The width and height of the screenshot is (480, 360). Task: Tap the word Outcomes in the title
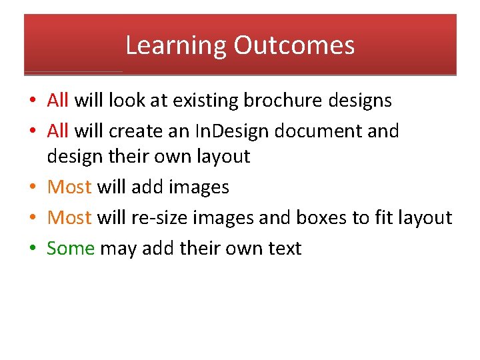tap(294, 46)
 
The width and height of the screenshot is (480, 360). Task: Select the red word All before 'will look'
tap(58, 101)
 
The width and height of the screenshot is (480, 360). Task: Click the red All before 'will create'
tap(58, 131)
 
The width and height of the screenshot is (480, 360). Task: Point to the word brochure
tap(283, 101)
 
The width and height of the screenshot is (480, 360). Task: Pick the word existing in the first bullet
tap(206, 101)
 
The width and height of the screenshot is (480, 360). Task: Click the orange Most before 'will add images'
tap(69, 187)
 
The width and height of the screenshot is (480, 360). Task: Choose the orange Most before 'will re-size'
tap(69, 217)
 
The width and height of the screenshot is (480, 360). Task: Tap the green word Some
tap(71, 248)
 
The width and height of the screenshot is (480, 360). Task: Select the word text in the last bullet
tap(285, 248)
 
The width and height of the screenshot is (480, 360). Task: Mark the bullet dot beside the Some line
tap(32, 249)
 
